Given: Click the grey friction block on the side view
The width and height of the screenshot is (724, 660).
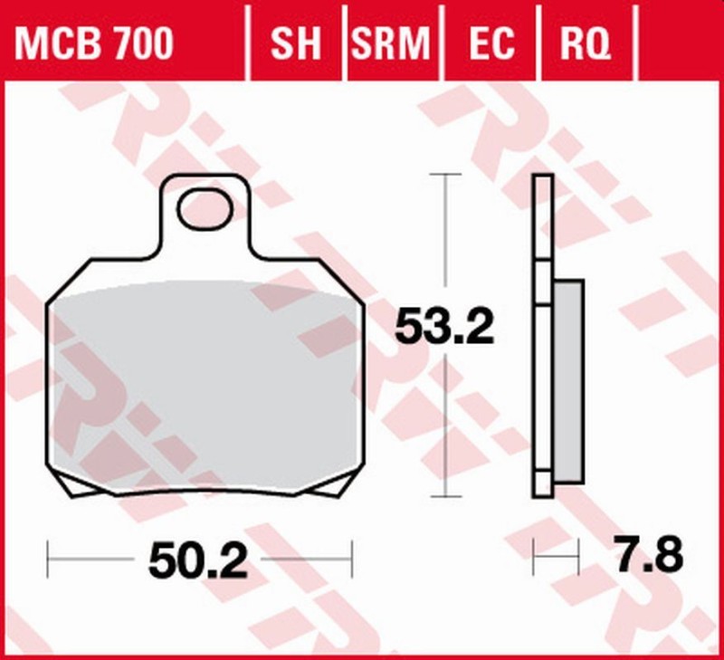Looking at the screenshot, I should tap(567, 380).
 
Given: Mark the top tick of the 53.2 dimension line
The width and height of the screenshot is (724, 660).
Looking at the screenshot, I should tap(443, 174).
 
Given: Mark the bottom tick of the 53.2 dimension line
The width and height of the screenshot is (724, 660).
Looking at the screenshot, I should tap(443, 496).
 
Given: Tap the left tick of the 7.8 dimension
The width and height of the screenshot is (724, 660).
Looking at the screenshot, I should tap(534, 555).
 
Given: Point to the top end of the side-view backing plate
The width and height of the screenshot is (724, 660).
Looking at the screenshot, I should tap(542, 176).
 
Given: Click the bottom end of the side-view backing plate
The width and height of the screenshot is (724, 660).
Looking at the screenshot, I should tap(542, 493).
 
